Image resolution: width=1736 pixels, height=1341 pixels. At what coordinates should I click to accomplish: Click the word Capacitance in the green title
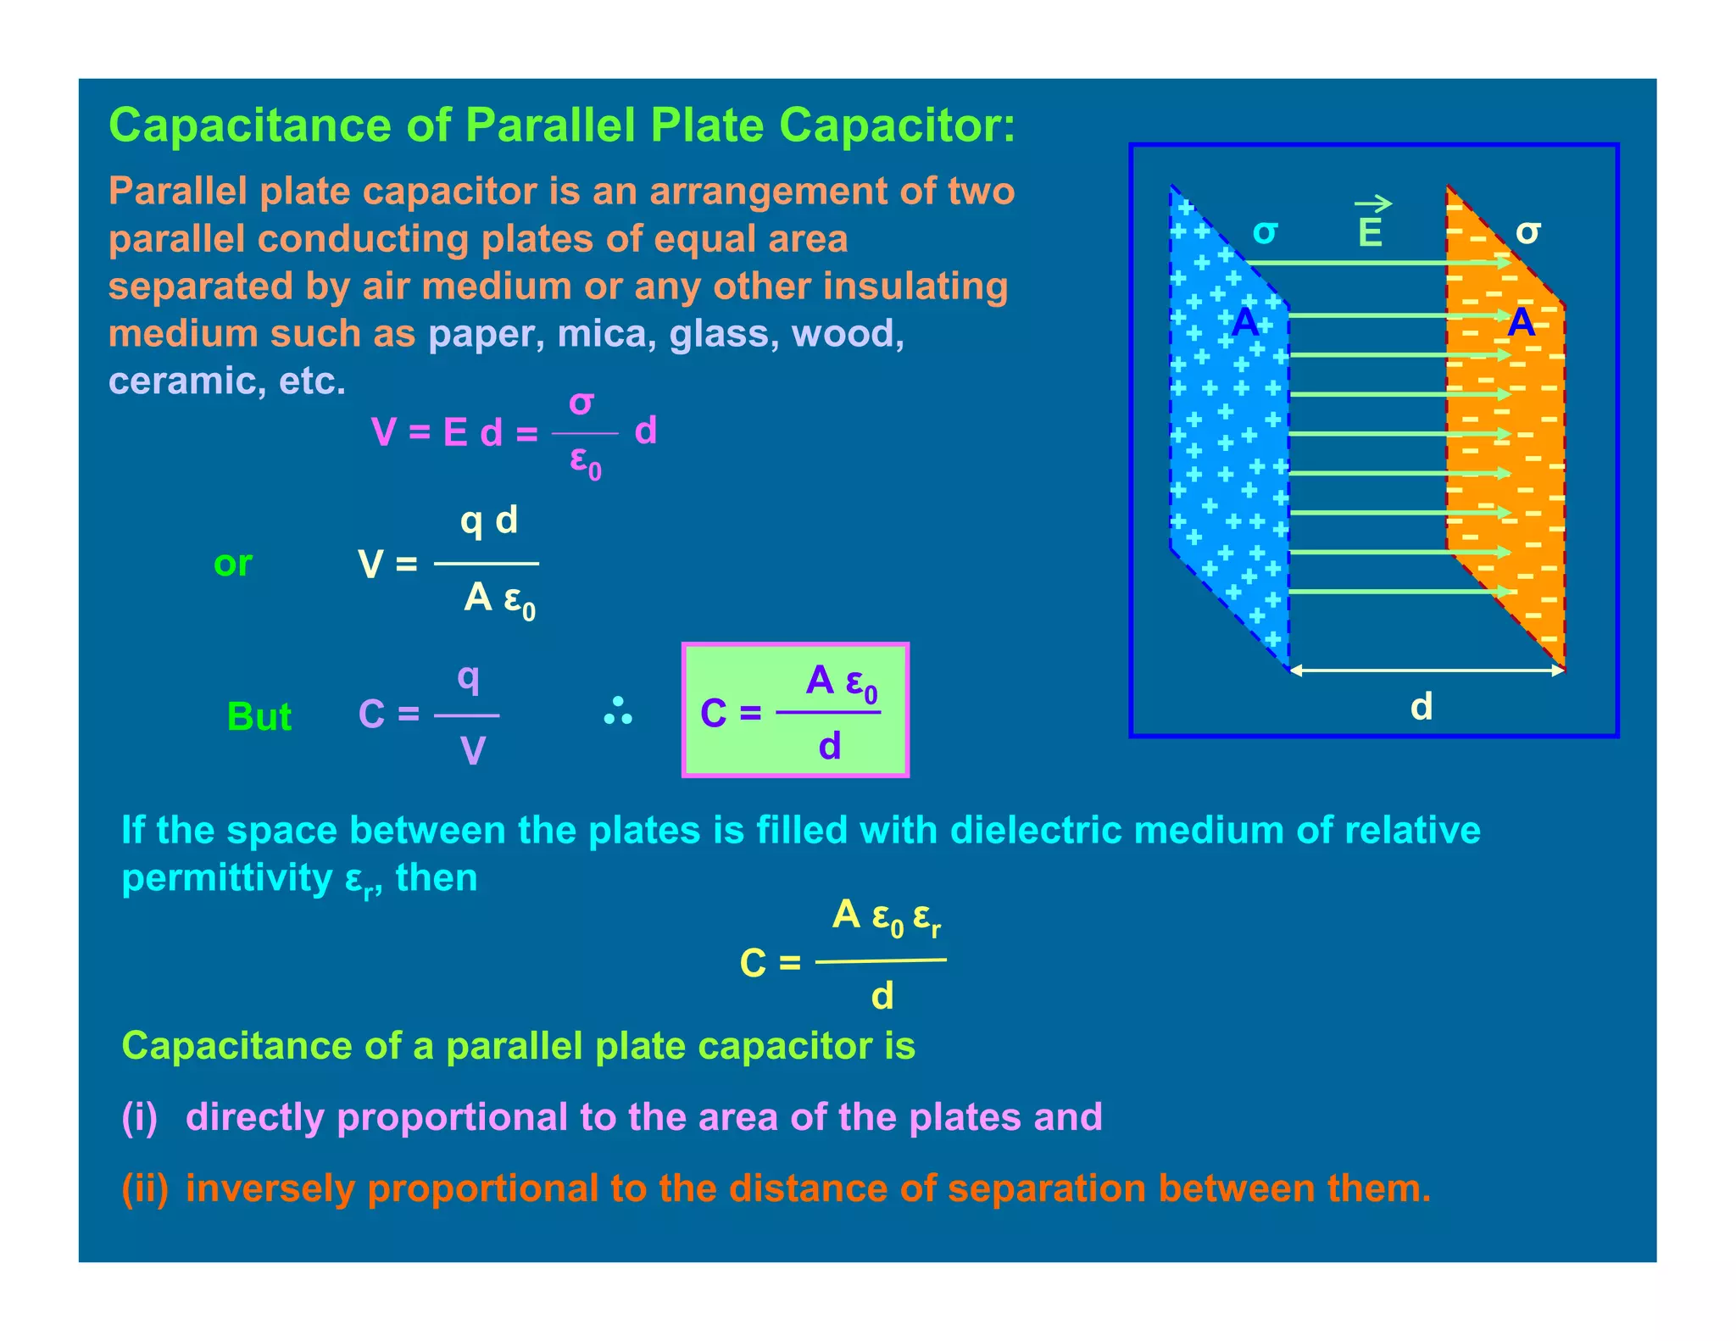click(250, 125)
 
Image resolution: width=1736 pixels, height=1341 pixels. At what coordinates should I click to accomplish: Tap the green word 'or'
click(233, 564)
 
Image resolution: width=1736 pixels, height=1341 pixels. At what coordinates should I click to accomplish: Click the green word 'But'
click(259, 717)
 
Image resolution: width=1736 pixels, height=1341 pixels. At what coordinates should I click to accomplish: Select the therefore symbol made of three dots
click(618, 712)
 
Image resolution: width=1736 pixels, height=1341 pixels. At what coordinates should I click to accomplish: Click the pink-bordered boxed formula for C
click(795, 710)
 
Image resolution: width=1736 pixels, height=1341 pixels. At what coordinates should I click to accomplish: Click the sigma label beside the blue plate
click(1265, 231)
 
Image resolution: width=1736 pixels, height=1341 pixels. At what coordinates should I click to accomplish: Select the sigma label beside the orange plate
click(1527, 231)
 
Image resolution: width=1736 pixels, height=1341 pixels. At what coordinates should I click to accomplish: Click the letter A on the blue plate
click(1244, 323)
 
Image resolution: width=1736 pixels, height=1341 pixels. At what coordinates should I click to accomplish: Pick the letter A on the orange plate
click(1522, 323)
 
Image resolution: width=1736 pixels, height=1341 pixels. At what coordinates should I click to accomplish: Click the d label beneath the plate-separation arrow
click(1422, 706)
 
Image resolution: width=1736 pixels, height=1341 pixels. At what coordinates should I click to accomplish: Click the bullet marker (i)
click(140, 1117)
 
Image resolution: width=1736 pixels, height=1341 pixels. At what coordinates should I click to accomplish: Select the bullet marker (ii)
click(144, 1188)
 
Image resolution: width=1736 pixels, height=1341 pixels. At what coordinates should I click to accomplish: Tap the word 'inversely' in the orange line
click(270, 1188)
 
